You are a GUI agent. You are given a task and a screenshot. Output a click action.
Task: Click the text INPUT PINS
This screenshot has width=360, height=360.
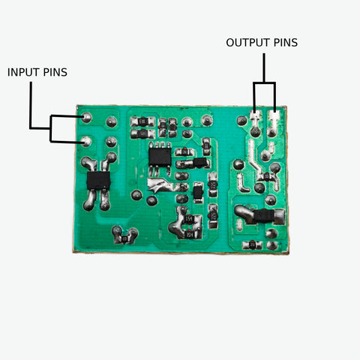(37, 73)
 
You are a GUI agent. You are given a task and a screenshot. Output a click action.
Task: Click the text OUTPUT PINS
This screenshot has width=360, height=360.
(262, 43)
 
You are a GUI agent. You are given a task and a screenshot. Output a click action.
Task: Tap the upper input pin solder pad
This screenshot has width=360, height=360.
(86, 118)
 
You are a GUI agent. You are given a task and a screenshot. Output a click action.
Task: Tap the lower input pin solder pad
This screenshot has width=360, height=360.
(86, 140)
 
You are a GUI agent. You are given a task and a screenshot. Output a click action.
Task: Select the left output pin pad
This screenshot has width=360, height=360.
(256, 117)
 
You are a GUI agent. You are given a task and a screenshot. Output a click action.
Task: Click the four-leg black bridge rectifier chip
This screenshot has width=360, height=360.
(97, 181)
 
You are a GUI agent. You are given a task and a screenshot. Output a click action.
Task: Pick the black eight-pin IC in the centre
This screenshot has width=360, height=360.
(159, 155)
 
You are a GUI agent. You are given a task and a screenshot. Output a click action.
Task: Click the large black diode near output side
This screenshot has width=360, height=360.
(262, 216)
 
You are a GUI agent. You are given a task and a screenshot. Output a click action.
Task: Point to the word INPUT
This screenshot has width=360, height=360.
(22, 73)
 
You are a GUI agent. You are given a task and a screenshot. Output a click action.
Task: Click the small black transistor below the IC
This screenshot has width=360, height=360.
(197, 193)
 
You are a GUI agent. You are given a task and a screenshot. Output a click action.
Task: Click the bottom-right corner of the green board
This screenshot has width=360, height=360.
(289, 251)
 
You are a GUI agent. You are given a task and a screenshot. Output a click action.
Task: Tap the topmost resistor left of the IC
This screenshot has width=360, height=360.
(142, 121)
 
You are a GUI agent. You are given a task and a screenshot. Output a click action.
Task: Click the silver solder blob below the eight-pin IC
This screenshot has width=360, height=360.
(159, 184)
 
